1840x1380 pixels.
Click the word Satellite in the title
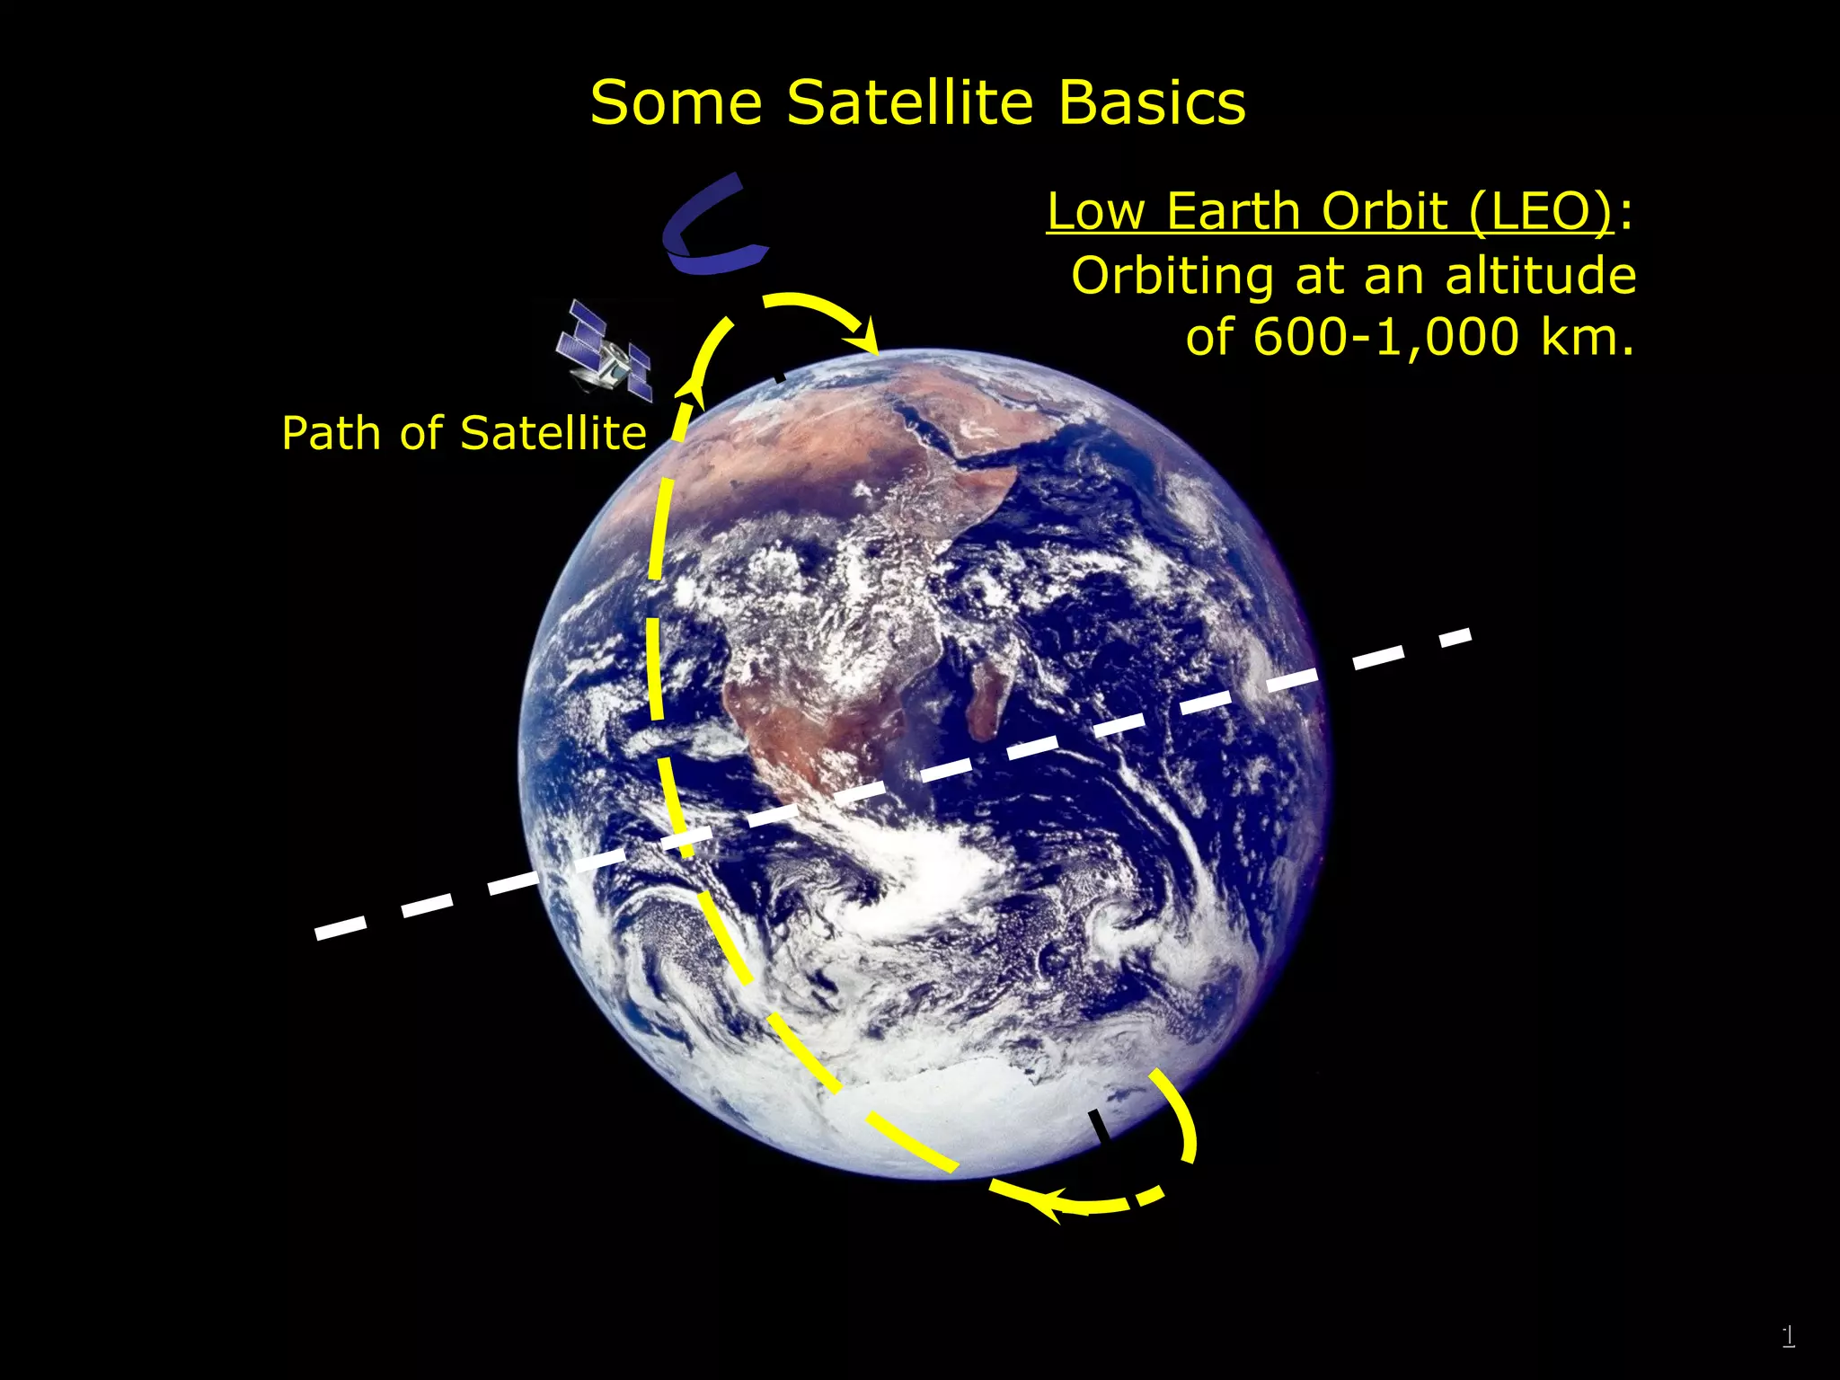[x=910, y=102]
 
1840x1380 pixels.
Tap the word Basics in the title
[x=1152, y=102]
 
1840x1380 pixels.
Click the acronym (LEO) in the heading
[x=1541, y=212]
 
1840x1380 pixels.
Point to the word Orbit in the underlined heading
[x=1384, y=212]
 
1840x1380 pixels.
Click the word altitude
[x=1540, y=275]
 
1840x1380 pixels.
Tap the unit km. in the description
[x=1588, y=338]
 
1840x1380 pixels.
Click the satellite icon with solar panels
[x=604, y=352]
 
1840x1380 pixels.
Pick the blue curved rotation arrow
[x=710, y=226]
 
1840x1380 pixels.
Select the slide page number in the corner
[x=1788, y=1336]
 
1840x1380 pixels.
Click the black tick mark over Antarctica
[x=1099, y=1126]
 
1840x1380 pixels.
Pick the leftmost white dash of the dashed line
[x=341, y=928]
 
